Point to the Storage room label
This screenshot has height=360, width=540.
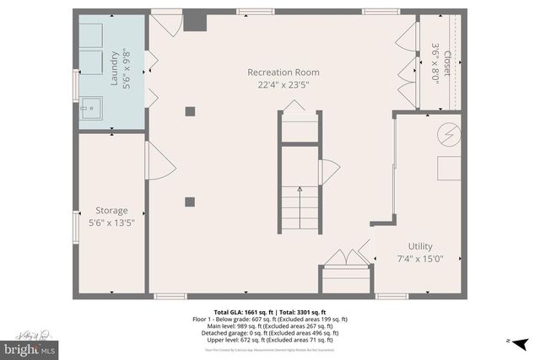[111, 211]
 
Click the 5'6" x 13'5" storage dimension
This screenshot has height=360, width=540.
[111, 223]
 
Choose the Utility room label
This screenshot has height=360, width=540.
[420, 246]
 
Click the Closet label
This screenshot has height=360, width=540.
[447, 61]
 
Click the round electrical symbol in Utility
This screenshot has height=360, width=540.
[448, 133]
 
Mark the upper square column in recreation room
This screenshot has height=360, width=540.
[190, 110]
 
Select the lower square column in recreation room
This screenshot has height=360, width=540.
[190, 201]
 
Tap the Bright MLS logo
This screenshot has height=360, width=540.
[30, 345]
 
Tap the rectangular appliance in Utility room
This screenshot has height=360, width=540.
[448, 167]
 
